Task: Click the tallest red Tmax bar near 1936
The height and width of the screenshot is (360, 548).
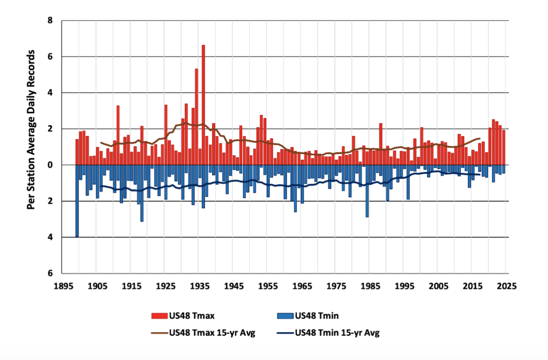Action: point(203,105)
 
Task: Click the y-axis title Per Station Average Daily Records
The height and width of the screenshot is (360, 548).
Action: point(31,130)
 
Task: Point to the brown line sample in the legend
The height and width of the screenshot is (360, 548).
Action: point(159,333)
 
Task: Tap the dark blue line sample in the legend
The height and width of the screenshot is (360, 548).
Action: point(284,333)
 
